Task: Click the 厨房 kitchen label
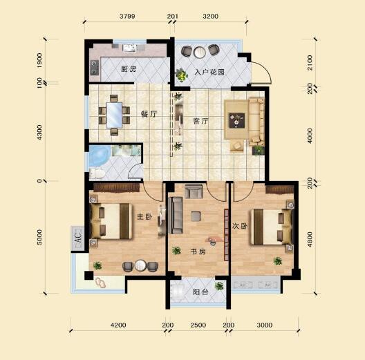point(129,69)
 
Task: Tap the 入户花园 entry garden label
point(209,72)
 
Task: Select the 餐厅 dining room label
point(149,114)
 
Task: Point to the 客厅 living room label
point(200,121)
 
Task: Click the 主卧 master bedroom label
point(144,217)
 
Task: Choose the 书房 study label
point(198,252)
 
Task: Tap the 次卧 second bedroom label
point(239,226)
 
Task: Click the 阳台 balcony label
point(200,292)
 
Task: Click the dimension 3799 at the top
point(127,17)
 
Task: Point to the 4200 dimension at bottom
point(118,325)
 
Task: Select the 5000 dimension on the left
point(39,237)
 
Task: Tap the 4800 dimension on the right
point(310,240)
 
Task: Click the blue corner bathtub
point(99,155)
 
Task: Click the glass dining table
point(114,115)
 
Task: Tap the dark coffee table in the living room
point(236,120)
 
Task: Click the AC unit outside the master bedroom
point(77,238)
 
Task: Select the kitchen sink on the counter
point(130,48)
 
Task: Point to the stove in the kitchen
point(95,68)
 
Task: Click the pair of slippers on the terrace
point(100,282)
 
